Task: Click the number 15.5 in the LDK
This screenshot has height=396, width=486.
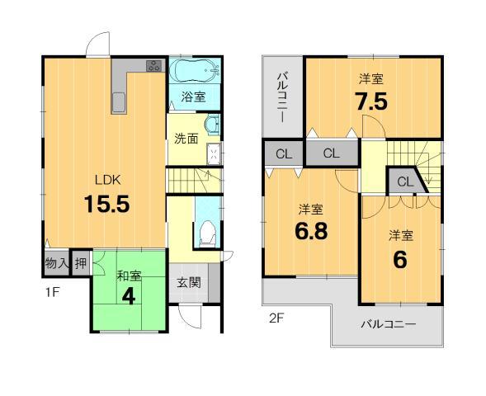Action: [106, 204]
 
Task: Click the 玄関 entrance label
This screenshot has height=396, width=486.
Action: [187, 281]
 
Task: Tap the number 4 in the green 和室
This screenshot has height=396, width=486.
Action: [129, 295]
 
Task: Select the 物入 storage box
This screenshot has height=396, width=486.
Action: [55, 264]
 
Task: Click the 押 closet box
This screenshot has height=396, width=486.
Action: [80, 264]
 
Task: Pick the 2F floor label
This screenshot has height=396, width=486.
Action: [276, 317]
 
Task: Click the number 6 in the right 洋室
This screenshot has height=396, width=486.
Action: [400, 259]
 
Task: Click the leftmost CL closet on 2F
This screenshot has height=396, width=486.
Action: [283, 153]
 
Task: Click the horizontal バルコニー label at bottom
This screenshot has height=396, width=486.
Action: [386, 323]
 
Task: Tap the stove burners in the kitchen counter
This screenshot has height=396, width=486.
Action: [154, 66]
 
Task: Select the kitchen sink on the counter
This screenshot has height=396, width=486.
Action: [119, 102]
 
